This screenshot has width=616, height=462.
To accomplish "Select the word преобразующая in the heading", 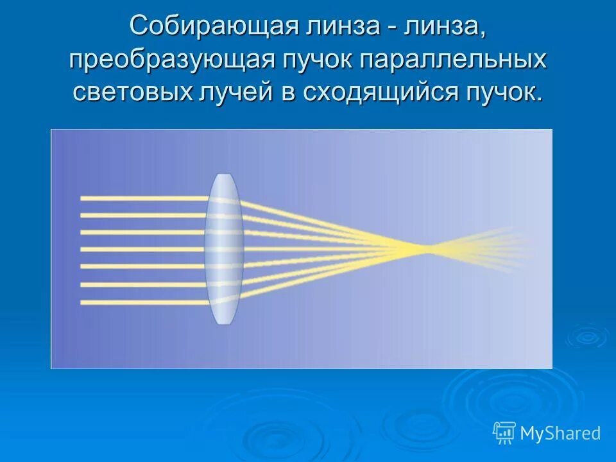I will pyautogui.click(x=172, y=60).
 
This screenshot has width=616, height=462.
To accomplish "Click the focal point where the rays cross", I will pyautogui.click(x=420, y=246).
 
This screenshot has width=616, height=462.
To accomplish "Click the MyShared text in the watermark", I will pyautogui.click(x=560, y=434).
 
